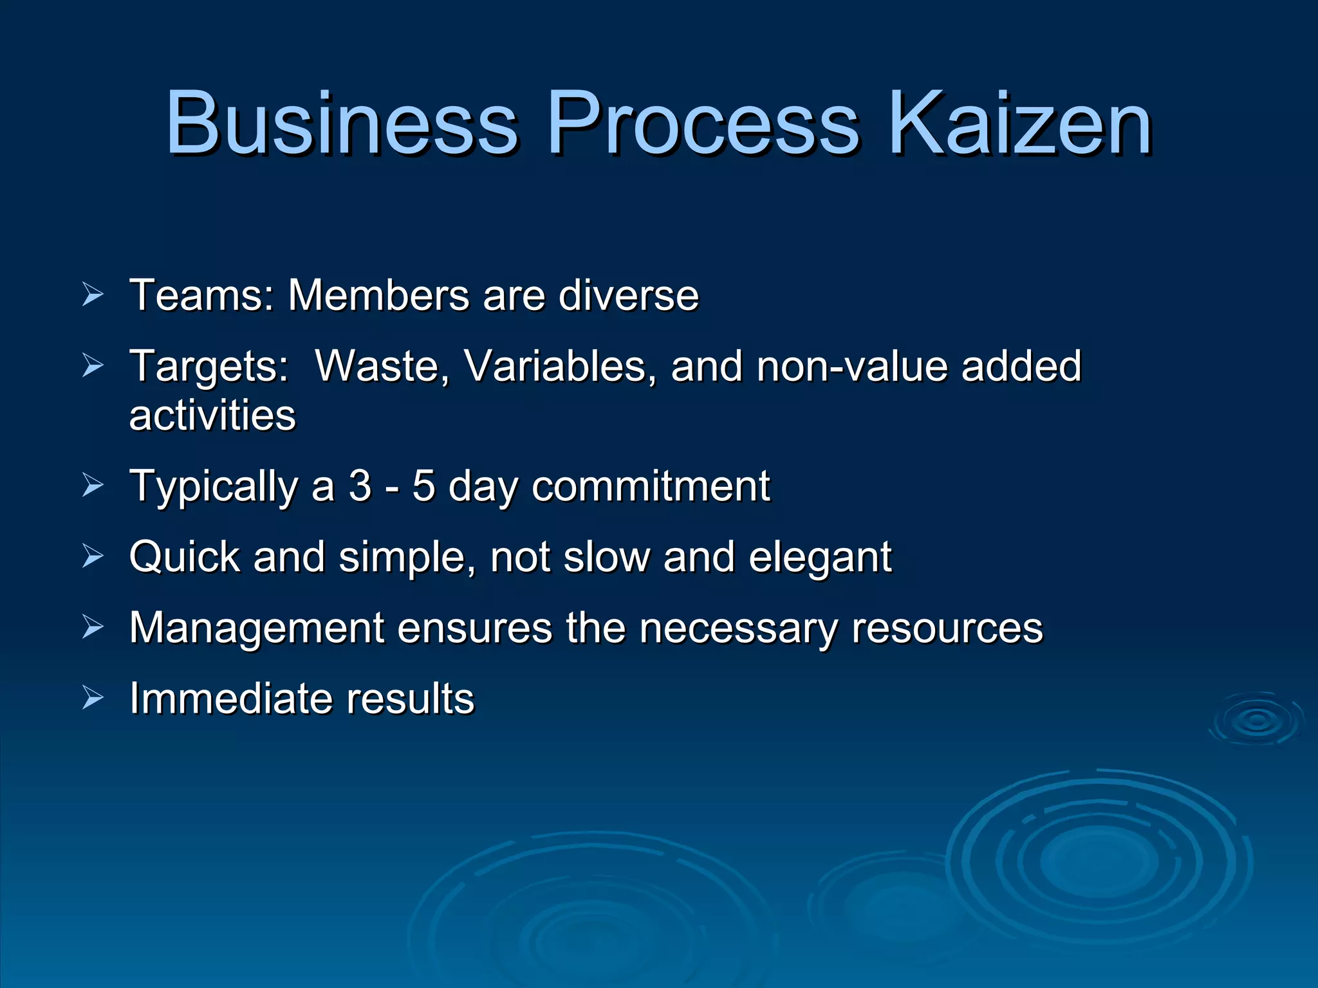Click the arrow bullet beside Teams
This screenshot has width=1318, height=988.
(x=93, y=295)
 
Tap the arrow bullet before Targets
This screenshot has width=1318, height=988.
(x=93, y=365)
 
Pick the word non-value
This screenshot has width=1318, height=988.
(x=851, y=366)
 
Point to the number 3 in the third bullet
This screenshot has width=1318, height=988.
(x=360, y=486)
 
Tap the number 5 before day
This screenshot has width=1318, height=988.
(x=423, y=486)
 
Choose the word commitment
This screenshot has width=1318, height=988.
(x=651, y=486)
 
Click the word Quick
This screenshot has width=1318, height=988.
(x=184, y=556)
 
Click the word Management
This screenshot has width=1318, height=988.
(x=256, y=628)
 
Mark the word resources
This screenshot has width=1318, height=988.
(x=947, y=628)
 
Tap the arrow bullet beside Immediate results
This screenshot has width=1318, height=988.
(x=93, y=698)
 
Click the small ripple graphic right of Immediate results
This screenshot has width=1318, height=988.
(x=1257, y=719)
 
